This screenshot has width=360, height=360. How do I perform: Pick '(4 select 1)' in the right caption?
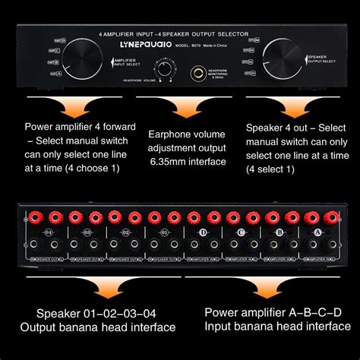coord(271,167)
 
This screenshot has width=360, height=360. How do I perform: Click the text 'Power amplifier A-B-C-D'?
coord(272,311)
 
